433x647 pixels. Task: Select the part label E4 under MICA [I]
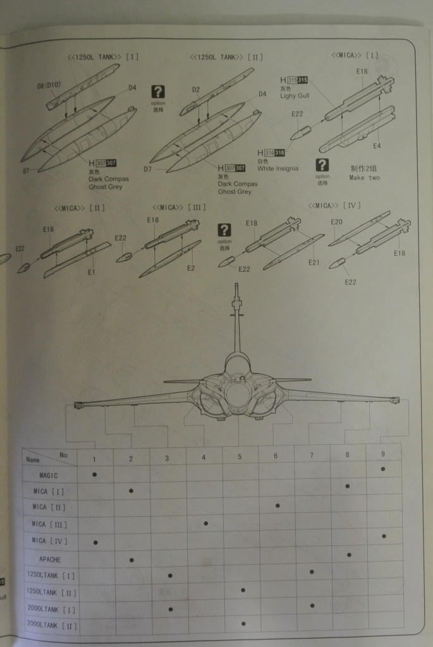376,146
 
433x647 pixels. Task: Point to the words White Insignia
277,169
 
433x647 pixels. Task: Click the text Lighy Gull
295,95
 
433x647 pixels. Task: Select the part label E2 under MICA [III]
190,269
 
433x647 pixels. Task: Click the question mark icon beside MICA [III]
224,230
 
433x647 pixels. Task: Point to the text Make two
365,178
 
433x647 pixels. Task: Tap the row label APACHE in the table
50,559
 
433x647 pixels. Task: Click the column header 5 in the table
240,457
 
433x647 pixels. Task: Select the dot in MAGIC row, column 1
94,473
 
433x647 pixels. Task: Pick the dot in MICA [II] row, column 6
276,506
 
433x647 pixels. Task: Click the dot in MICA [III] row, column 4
205,523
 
